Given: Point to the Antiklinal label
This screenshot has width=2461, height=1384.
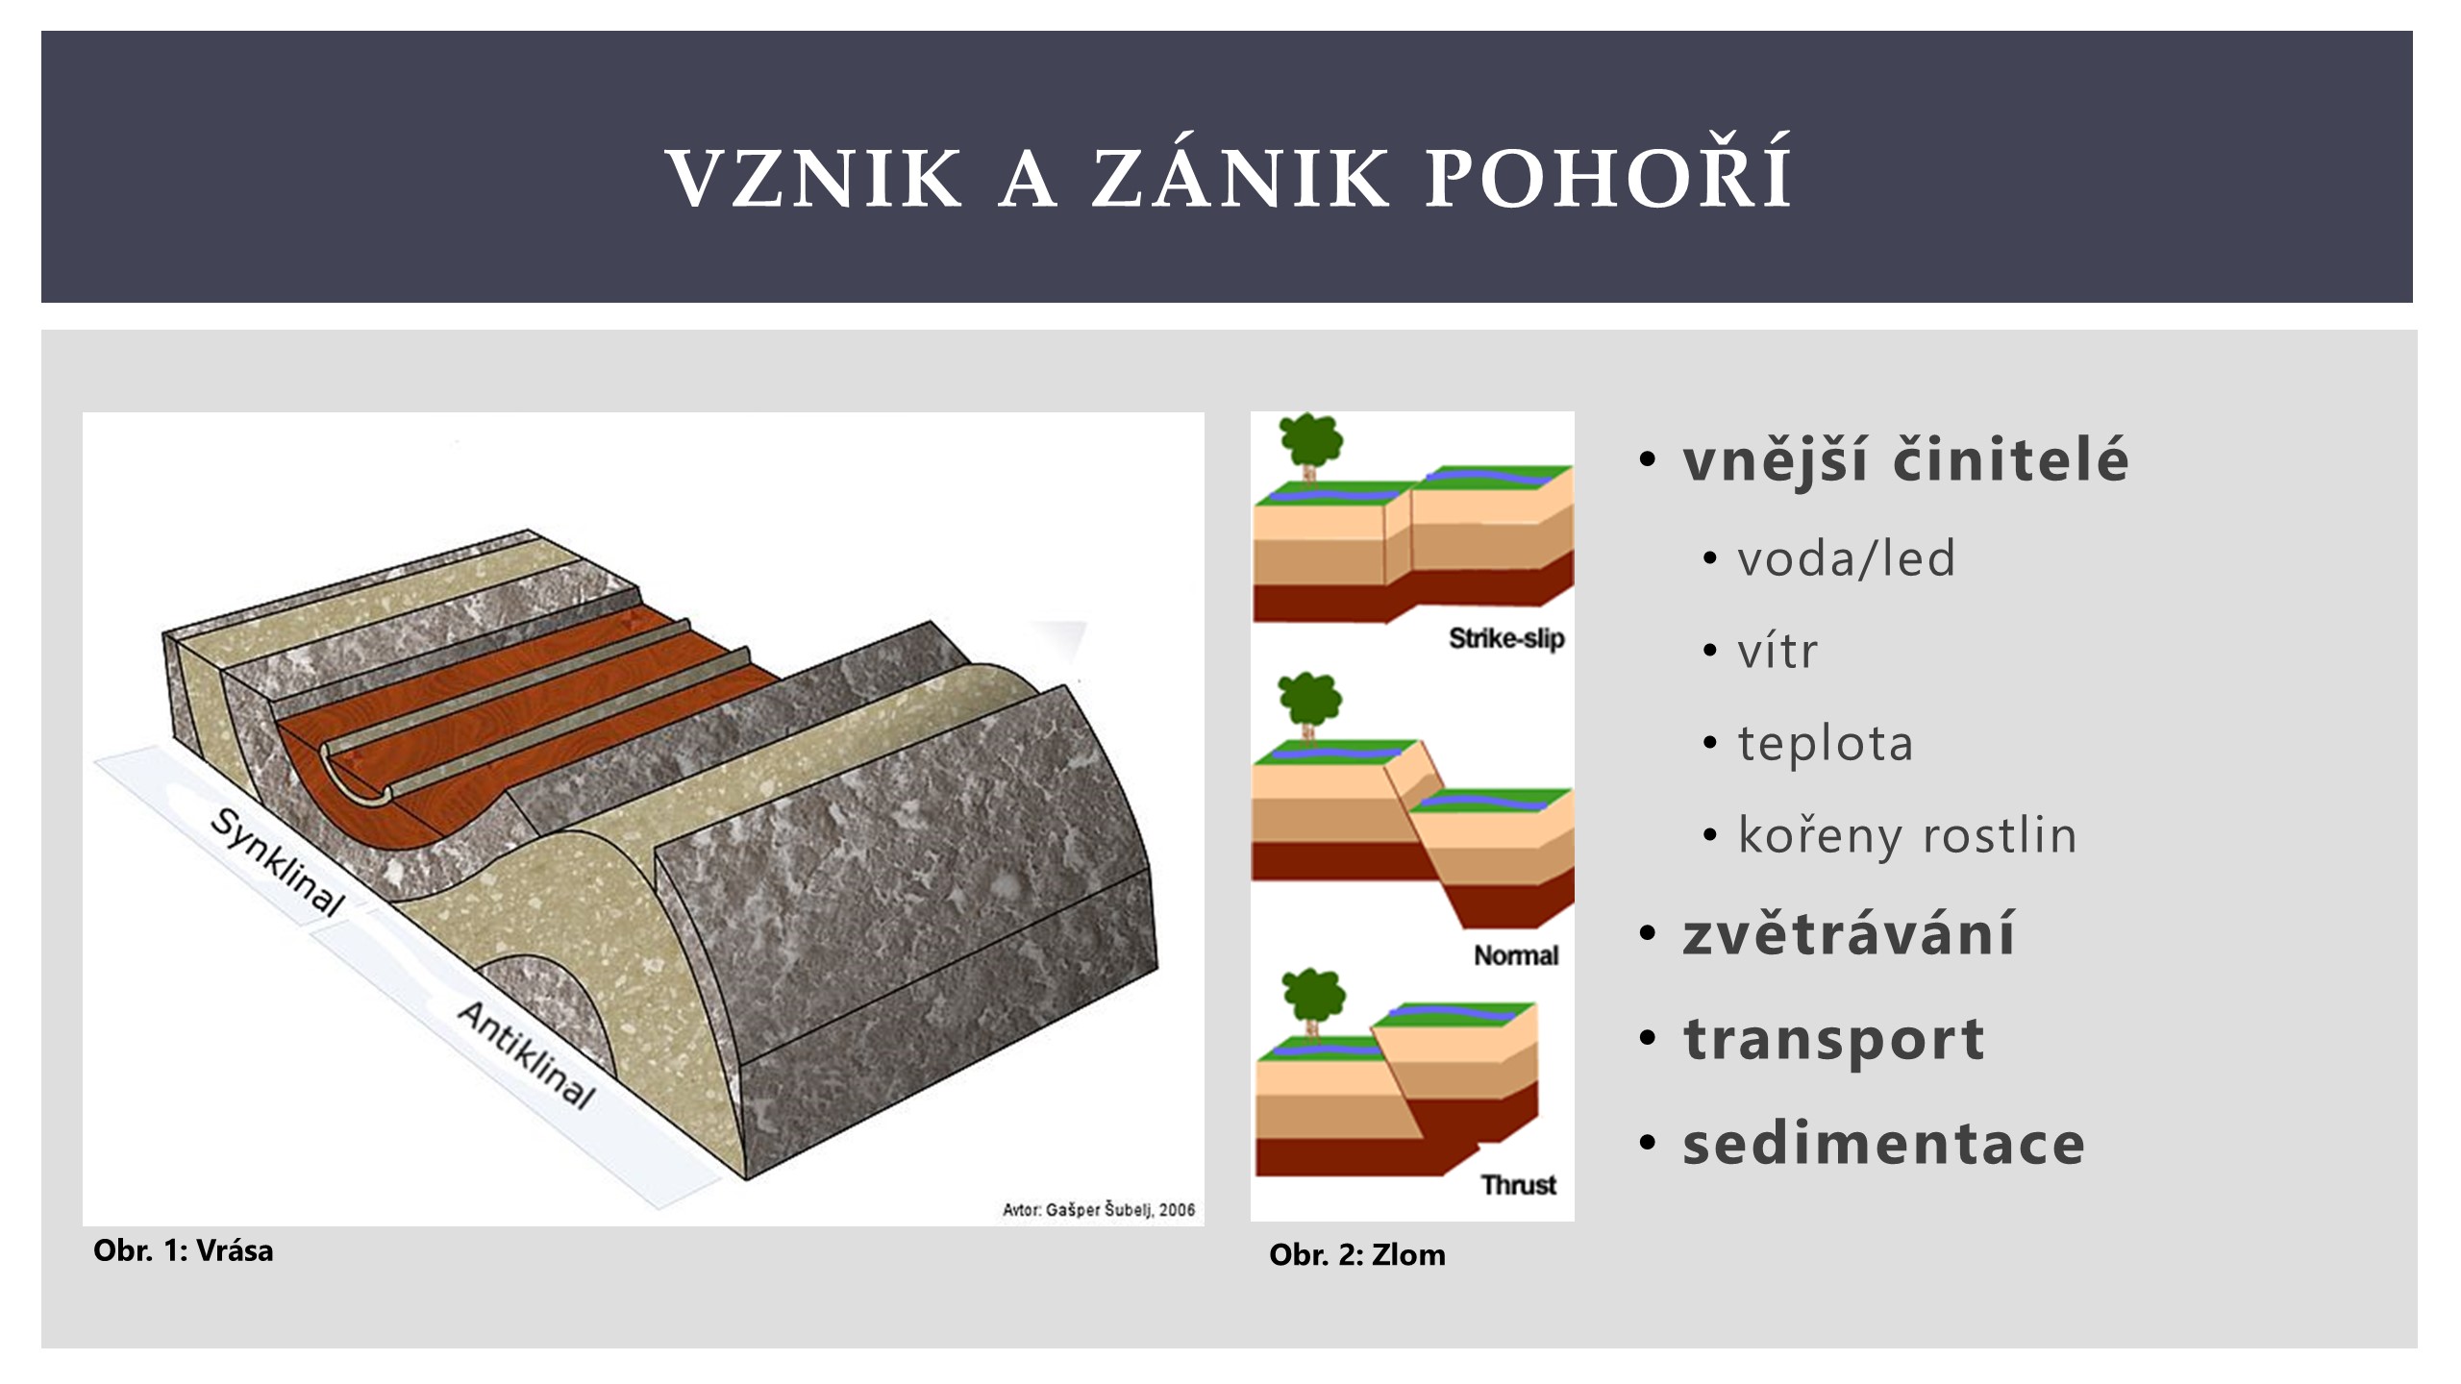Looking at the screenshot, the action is pyautogui.click(x=526, y=1054).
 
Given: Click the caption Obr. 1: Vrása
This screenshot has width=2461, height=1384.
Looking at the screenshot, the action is pyautogui.click(x=183, y=1250).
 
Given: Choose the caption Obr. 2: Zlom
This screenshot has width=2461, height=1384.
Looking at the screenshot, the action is pyautogui.click(x=1356, y=1254).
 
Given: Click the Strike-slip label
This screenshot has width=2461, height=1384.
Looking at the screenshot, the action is pyautogui.click(x=1506, y=638).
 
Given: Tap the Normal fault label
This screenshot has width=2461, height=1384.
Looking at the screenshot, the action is pyautogui.click(x=1516, y=955).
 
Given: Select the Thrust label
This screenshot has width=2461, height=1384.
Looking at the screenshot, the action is pyautogui.click(x=1518, y=1184).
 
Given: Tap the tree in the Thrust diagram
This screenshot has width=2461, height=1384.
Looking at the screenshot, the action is pyautogui.click(x=1314, y=1005).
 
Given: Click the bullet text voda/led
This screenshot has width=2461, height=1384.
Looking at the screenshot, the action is pyautogui.click(x=1846, y=558).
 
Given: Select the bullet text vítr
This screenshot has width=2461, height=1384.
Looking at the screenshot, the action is pyautogui.click(x=1777, y=651).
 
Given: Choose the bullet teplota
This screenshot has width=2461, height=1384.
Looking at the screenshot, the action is pyautogui.click(x=1825, y=743).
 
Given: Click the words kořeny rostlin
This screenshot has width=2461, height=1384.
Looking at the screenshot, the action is pyautogui.click(x=1906, y=835).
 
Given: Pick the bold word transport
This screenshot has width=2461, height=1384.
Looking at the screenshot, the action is pyautogui.click(x=1833, y=1040).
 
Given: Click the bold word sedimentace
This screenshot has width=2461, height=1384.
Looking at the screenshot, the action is pyautogui.click(x=1883, y=1144).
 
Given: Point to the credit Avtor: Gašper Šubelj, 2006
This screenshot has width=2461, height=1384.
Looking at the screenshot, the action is pyautogui.click(x=1098, y=1210).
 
